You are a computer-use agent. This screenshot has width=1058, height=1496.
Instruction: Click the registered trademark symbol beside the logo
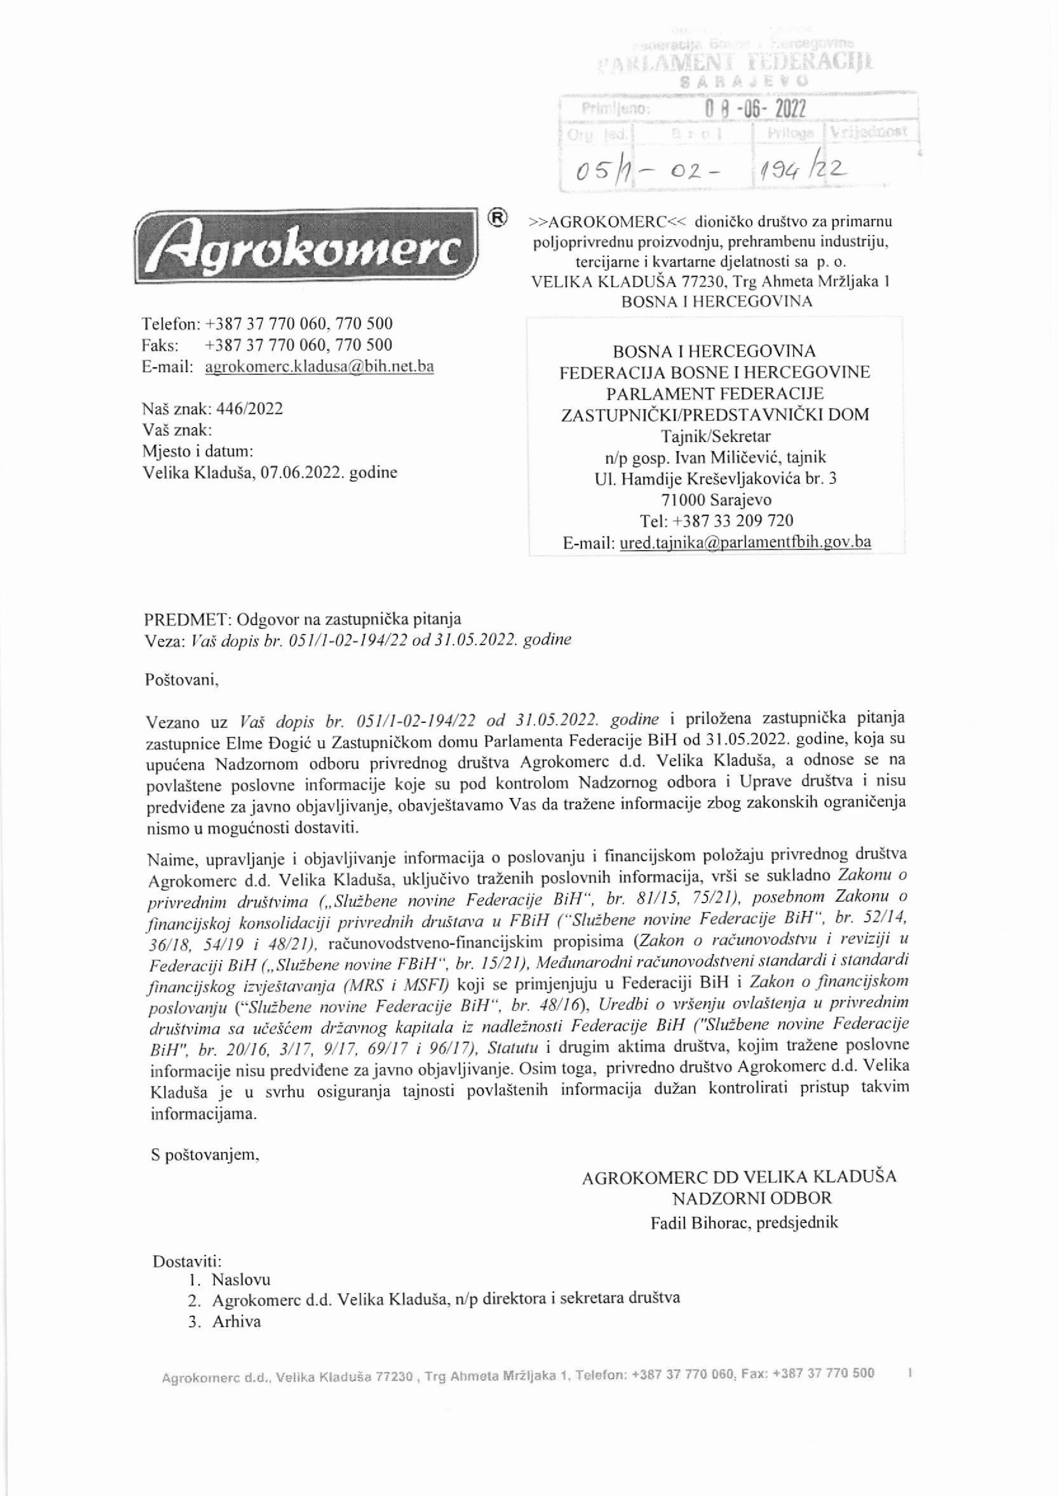497,218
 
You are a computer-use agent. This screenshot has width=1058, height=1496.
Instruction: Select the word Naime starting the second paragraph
171,855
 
